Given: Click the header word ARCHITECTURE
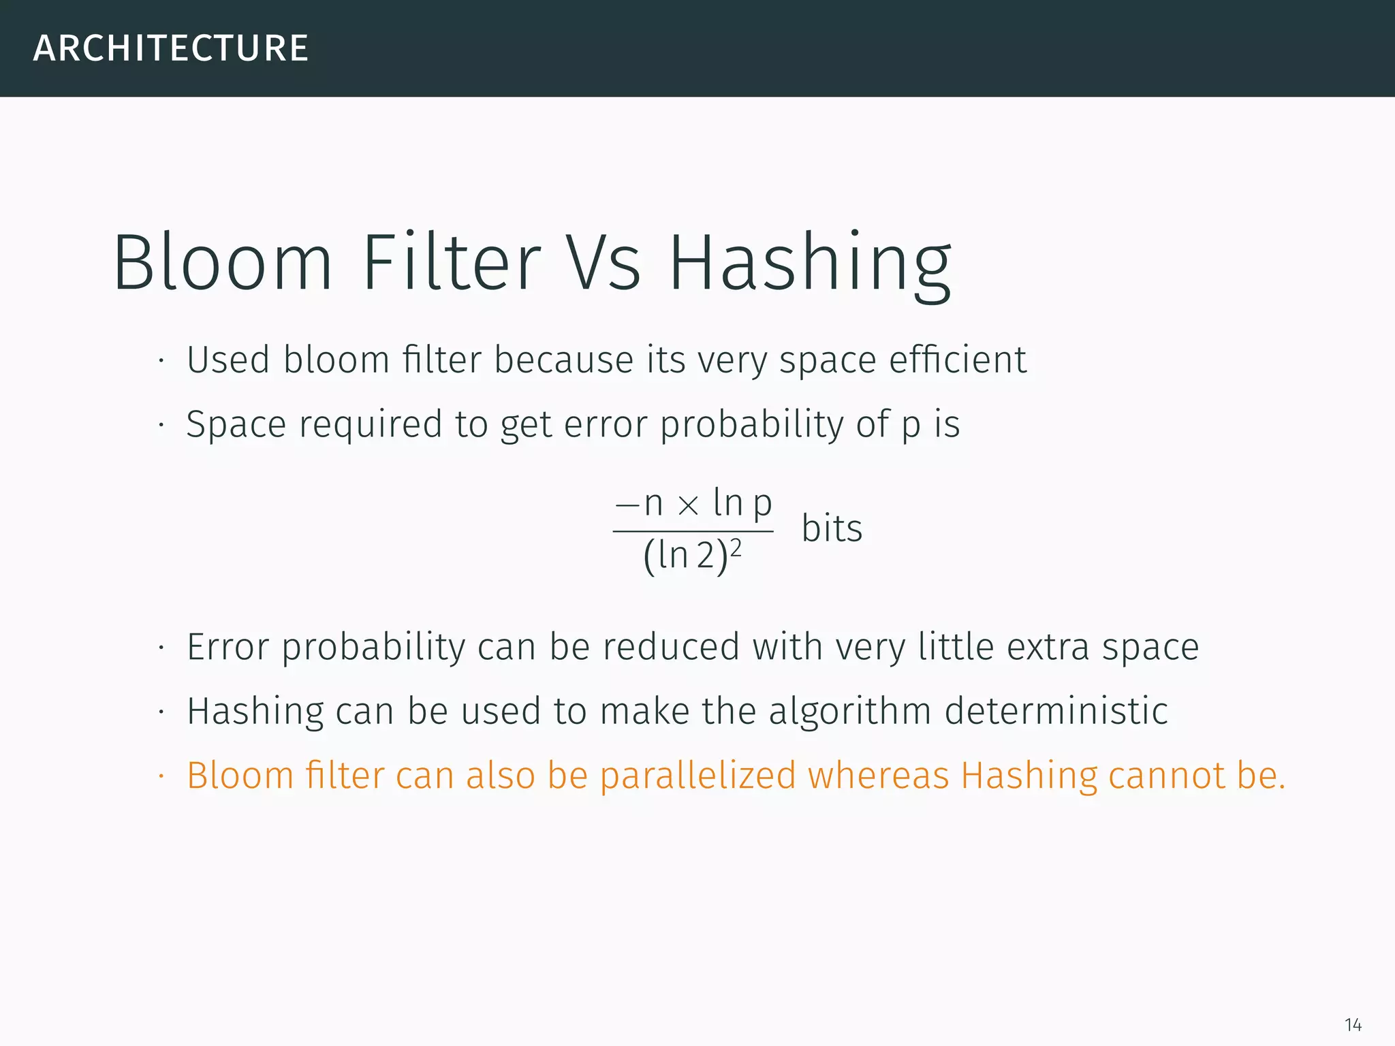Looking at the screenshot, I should [x=171, y=48].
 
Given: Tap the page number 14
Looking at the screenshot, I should [x=1353, y=1024].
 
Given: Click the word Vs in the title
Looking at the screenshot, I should [x=604, y=263].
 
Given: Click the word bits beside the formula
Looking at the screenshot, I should [x=832, y=528].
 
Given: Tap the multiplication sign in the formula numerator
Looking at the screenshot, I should [x=689, y=505].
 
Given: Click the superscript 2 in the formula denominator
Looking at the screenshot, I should [x=736, y=548].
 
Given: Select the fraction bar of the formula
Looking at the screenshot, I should [x=693, y=531].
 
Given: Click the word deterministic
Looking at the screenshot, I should [x=1056, y=711].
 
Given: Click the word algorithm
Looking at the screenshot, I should [x=850, y=712].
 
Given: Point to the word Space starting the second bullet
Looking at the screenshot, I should [x=236, y=425].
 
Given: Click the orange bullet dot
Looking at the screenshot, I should [x=161, y=776].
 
